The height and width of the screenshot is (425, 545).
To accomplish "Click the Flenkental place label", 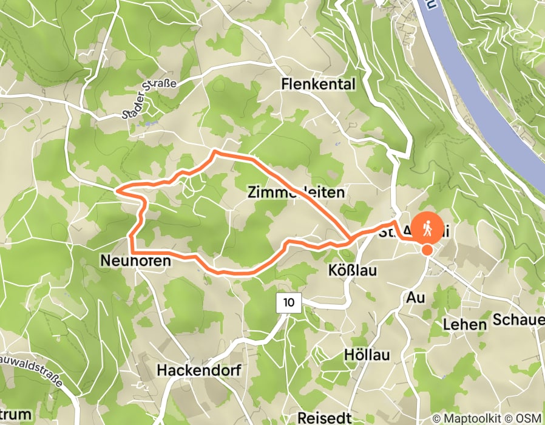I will pyautogui.click(x=318, y=84).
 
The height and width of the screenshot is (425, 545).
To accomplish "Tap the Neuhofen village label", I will pyautogui.click(x=134, y=260).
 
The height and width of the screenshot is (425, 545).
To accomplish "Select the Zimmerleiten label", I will pyautogui.click(x=296, y=192).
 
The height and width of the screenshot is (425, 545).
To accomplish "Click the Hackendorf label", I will pyautogui.click(x=199, y=370).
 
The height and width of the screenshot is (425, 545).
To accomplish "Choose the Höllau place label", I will pyautogui.click(x=367, y=354).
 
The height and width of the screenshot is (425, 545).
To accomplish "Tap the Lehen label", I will pyautogui.click(x=465, y=324).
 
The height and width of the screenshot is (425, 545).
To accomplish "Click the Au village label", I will pyautogui.click(x=416, y=297).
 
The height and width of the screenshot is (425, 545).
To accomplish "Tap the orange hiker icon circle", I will pyautogui.click(x=427, y=228).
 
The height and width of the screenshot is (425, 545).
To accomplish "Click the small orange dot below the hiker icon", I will pyautogui.click(x=427, y=250).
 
